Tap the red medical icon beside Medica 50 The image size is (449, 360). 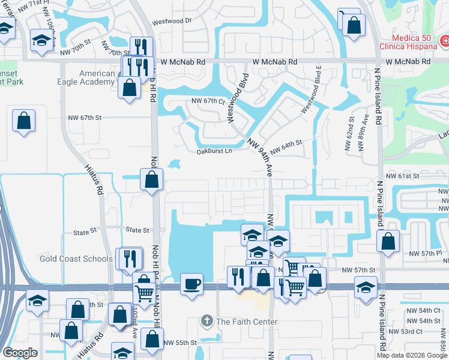(x=445, y=41)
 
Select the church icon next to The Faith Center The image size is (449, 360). (x=207, y=322)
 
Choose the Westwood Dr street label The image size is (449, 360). (x=172, y=20)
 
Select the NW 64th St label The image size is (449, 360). (x=286, y=148)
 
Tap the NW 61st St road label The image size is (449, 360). (x=402, y=176)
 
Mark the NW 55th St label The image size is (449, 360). (x=181, y=343)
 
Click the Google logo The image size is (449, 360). (x=20, y=353)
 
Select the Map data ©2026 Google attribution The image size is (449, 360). (x=411, y=355)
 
